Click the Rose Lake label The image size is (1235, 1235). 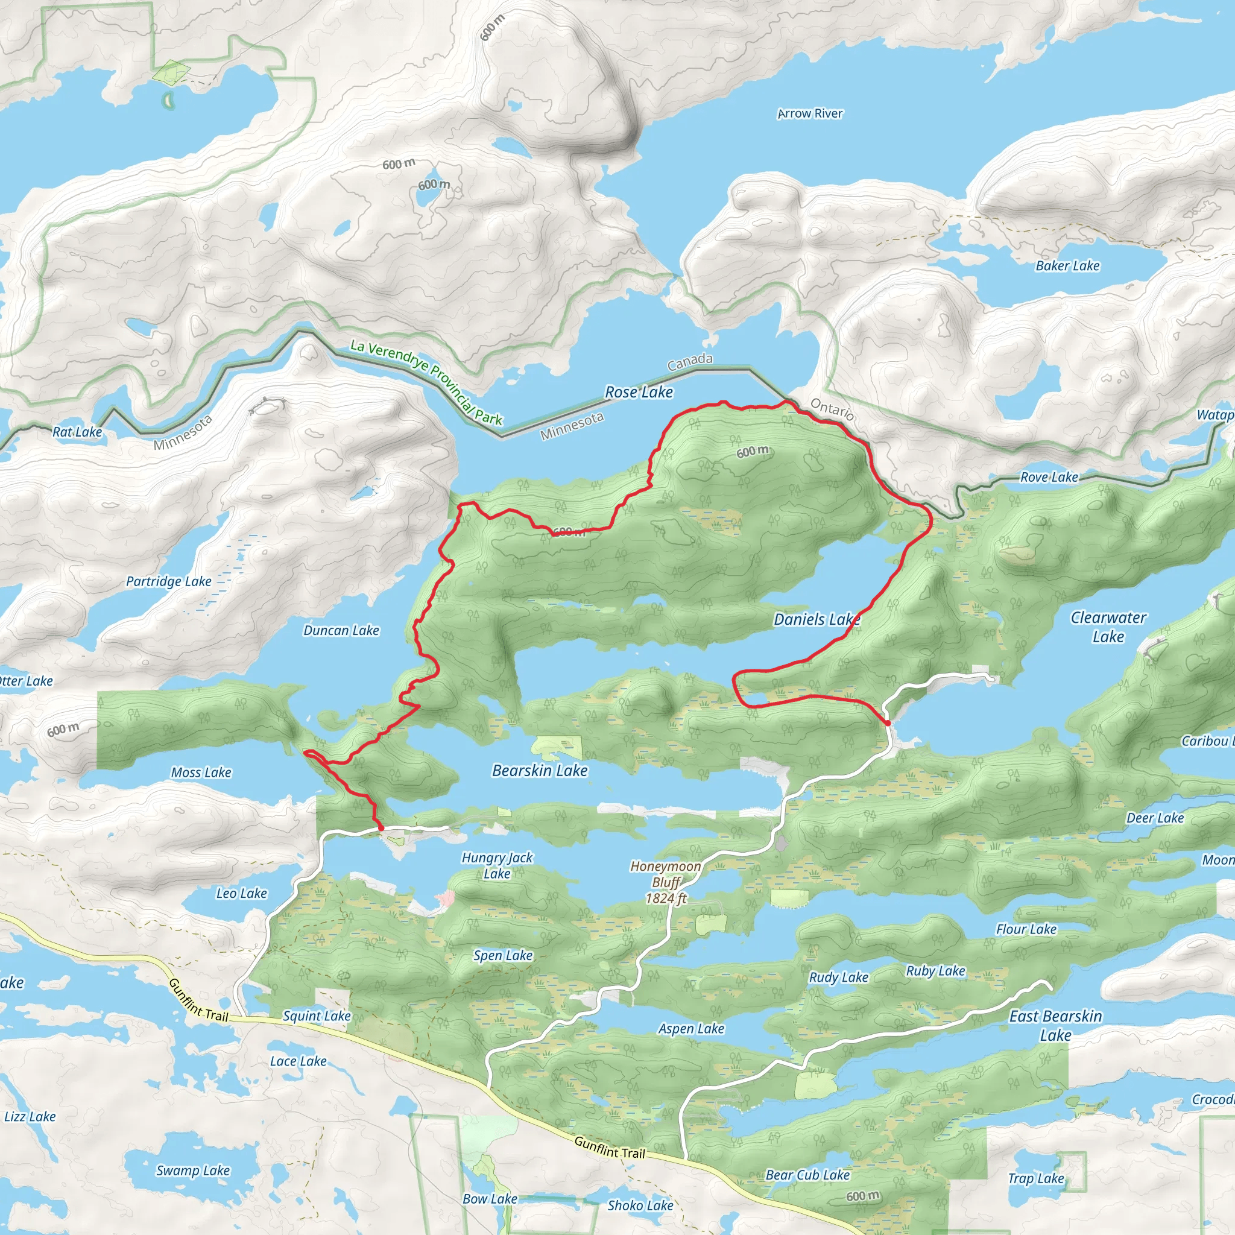coord(639,392)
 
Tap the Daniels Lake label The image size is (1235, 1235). coord(816,619)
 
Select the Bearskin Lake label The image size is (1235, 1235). coord(540,770)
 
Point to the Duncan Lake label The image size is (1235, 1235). coord(341,630)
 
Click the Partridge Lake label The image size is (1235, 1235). coord(168,581)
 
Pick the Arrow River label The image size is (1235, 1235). coord(810,113)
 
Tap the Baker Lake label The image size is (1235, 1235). coord(1067,265)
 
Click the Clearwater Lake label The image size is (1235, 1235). coord(1108,627)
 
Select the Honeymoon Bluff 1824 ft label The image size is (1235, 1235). coord(666,882)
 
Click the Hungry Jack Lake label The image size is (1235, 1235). coord(497,865)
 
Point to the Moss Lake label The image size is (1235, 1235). coord(201,772)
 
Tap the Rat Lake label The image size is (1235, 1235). coord(77,432)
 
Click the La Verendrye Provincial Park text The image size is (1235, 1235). coord(426,382)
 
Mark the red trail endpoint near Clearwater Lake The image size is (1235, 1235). coord(887,723)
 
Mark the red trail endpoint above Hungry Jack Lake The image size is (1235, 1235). coord(382,829)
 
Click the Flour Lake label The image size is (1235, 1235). coord(1026,929)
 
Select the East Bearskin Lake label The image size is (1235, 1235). coord(1055,1025)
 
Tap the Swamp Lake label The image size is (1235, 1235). coord(192,1170)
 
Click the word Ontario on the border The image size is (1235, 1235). coord(832,408)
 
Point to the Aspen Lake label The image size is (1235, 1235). coord(691,1029)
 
